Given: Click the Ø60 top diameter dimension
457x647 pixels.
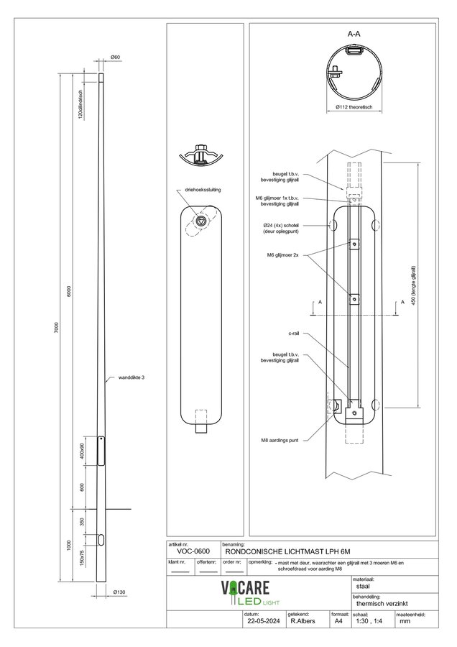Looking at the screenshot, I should (x=115, y=57).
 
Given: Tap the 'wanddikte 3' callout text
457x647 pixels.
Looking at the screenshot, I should (x=131, y=377).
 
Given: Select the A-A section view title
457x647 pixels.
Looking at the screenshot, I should (x=354, y=33).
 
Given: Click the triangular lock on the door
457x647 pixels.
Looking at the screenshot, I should (x=202, y=221).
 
